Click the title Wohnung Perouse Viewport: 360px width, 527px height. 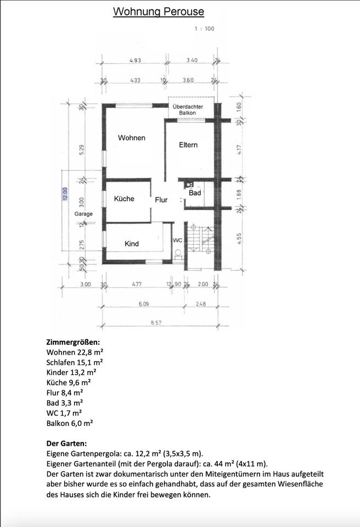point(158,12)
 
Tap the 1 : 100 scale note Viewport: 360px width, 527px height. point(204,29)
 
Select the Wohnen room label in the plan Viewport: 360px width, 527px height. point(131,138)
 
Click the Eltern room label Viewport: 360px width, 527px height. point(188,145)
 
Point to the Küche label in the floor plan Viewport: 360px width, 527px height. point(124,199)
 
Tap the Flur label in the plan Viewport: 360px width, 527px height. point(161,200)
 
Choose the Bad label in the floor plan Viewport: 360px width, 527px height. point(195,193)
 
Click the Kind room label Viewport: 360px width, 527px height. point(131,244)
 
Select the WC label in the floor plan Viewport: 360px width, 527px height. point(177,240)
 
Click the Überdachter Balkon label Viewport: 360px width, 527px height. point(188,110)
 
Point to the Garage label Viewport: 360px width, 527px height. point(83,214)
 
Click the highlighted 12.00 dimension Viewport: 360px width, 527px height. point(65,194)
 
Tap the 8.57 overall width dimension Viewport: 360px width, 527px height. point(156,323)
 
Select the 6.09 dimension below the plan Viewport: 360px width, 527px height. point(144,304)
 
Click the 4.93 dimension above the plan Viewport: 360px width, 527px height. point(135,60)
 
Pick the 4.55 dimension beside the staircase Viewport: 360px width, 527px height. point(239,239)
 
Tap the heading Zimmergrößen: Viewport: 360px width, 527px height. point(74,343)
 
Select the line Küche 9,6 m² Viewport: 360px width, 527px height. point(69,383)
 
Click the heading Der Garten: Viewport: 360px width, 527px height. point(66,444)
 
